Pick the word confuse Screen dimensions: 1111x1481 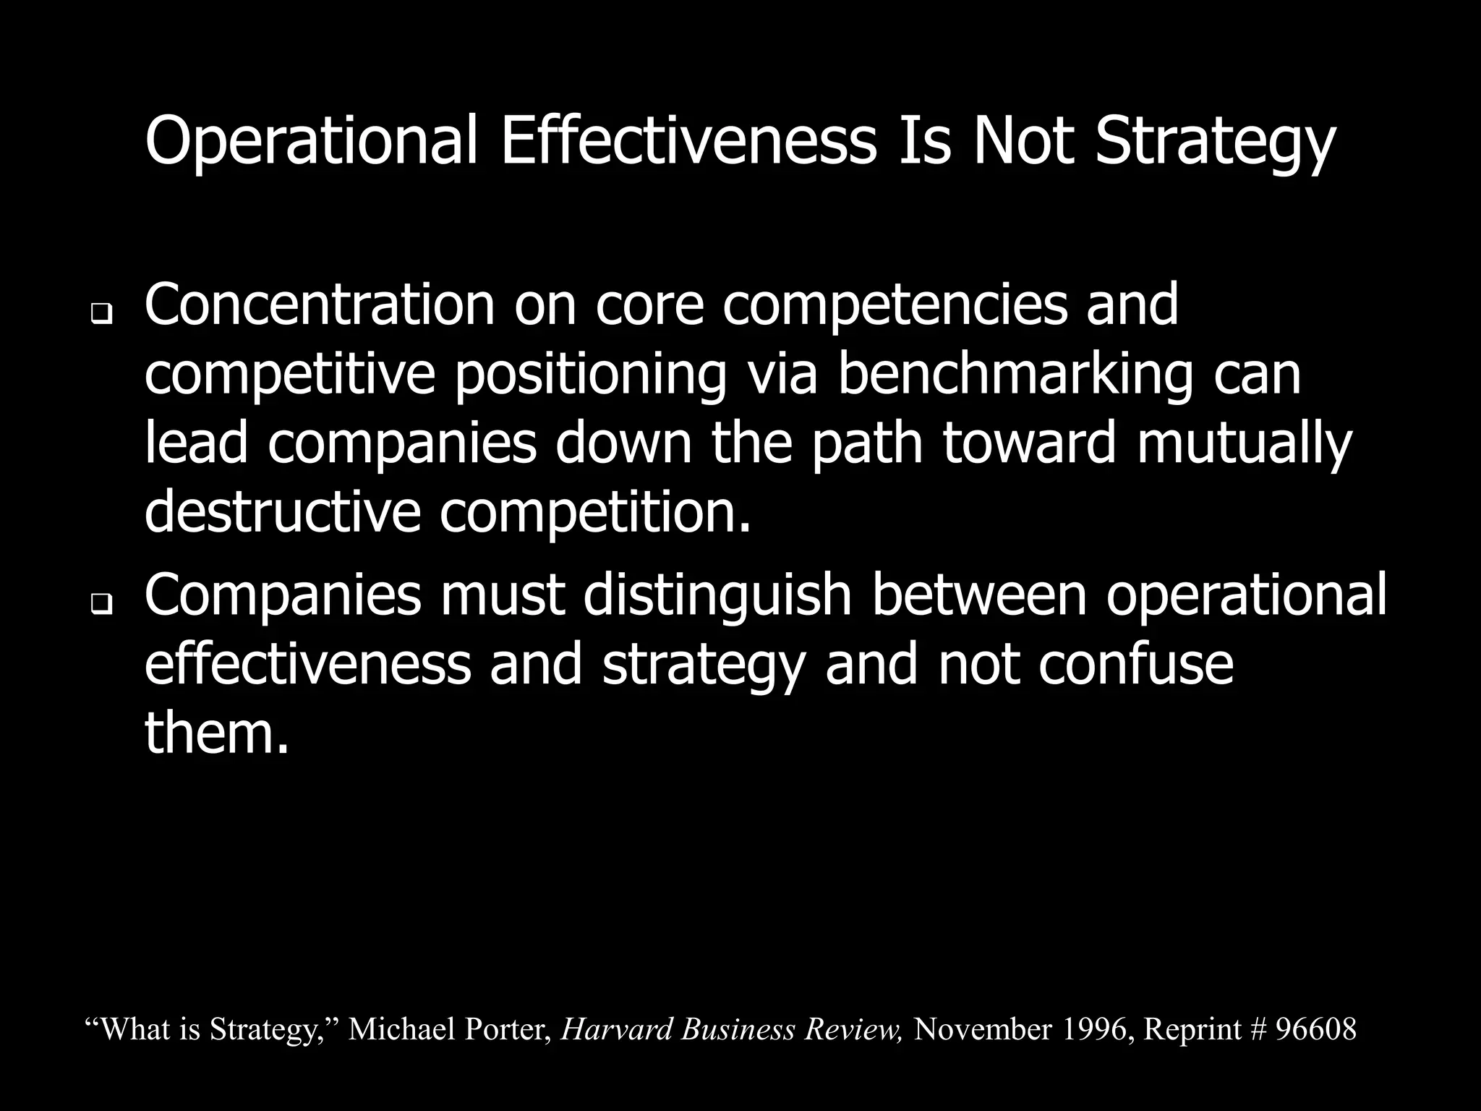tap(1136, 663)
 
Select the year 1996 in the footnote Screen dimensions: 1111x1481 tap(1095, 1029)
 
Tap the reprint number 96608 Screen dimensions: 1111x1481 tap(1315, 1029)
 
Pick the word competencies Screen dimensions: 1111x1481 tap(895, 305)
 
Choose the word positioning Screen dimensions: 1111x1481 tap(590, 374)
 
